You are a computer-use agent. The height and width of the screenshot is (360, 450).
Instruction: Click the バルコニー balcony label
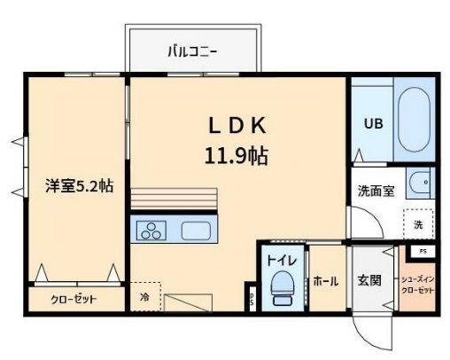193,51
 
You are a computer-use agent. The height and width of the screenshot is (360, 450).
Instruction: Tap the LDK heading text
237,125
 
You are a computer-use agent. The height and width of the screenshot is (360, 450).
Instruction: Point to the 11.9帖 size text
237,156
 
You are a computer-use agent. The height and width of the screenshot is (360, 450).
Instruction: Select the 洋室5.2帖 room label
79,186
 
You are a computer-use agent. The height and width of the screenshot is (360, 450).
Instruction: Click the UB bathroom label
375,125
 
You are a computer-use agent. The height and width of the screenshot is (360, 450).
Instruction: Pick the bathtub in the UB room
413,122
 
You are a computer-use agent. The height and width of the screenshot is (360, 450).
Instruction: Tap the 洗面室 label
376,191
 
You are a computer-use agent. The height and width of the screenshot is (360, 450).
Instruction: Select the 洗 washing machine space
418,224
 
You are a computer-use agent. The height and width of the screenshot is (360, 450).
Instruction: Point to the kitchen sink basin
196,231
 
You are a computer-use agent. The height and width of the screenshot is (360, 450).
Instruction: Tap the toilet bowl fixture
283,286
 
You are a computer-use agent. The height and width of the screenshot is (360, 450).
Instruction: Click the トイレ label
283,261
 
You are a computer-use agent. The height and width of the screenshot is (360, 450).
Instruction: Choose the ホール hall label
325,281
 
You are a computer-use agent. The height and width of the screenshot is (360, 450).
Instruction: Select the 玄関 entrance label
369,281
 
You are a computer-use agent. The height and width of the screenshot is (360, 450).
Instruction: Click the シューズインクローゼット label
418,285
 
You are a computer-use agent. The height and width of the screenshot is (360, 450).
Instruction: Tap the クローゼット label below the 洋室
74,299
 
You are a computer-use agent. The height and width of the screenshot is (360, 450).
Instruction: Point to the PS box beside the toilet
252,300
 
